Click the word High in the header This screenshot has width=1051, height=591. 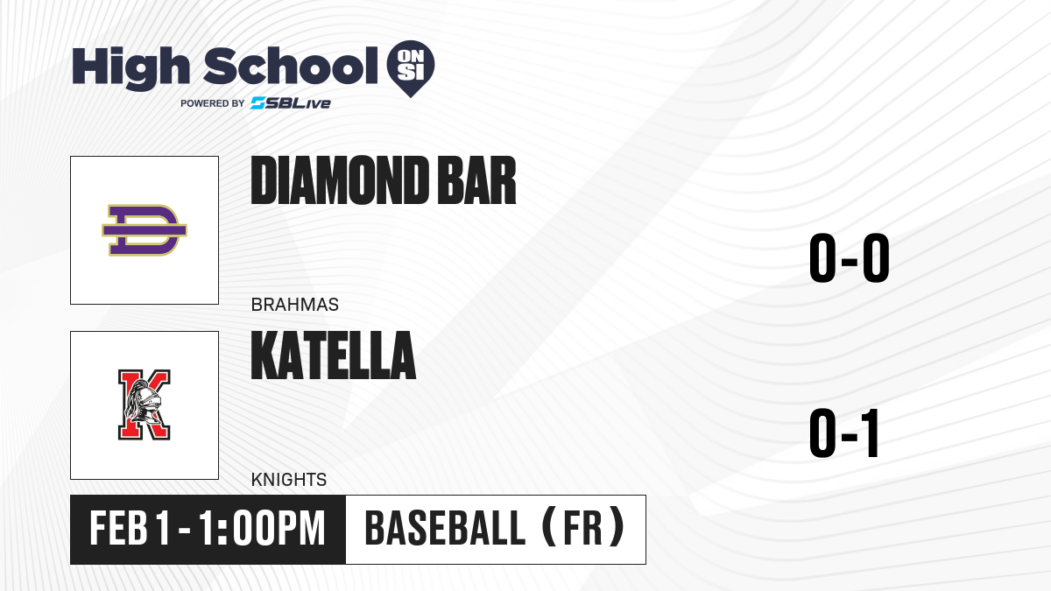130,68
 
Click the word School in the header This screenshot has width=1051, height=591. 291,66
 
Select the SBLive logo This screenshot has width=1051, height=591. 291,103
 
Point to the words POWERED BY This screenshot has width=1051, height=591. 213,103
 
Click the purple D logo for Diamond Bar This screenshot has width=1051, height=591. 145,230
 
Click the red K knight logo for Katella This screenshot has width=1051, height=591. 144,405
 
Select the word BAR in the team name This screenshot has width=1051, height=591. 476,180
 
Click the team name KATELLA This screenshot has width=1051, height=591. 334,355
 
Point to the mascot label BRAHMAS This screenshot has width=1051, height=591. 294,305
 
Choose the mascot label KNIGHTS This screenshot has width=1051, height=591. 289,480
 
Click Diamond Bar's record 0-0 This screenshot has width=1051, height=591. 850,257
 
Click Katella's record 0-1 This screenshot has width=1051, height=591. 844,433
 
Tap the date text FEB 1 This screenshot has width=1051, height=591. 130,528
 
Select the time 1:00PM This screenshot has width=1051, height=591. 262,528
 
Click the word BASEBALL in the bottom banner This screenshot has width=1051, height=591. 445,528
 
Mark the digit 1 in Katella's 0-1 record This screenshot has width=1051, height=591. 871,433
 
